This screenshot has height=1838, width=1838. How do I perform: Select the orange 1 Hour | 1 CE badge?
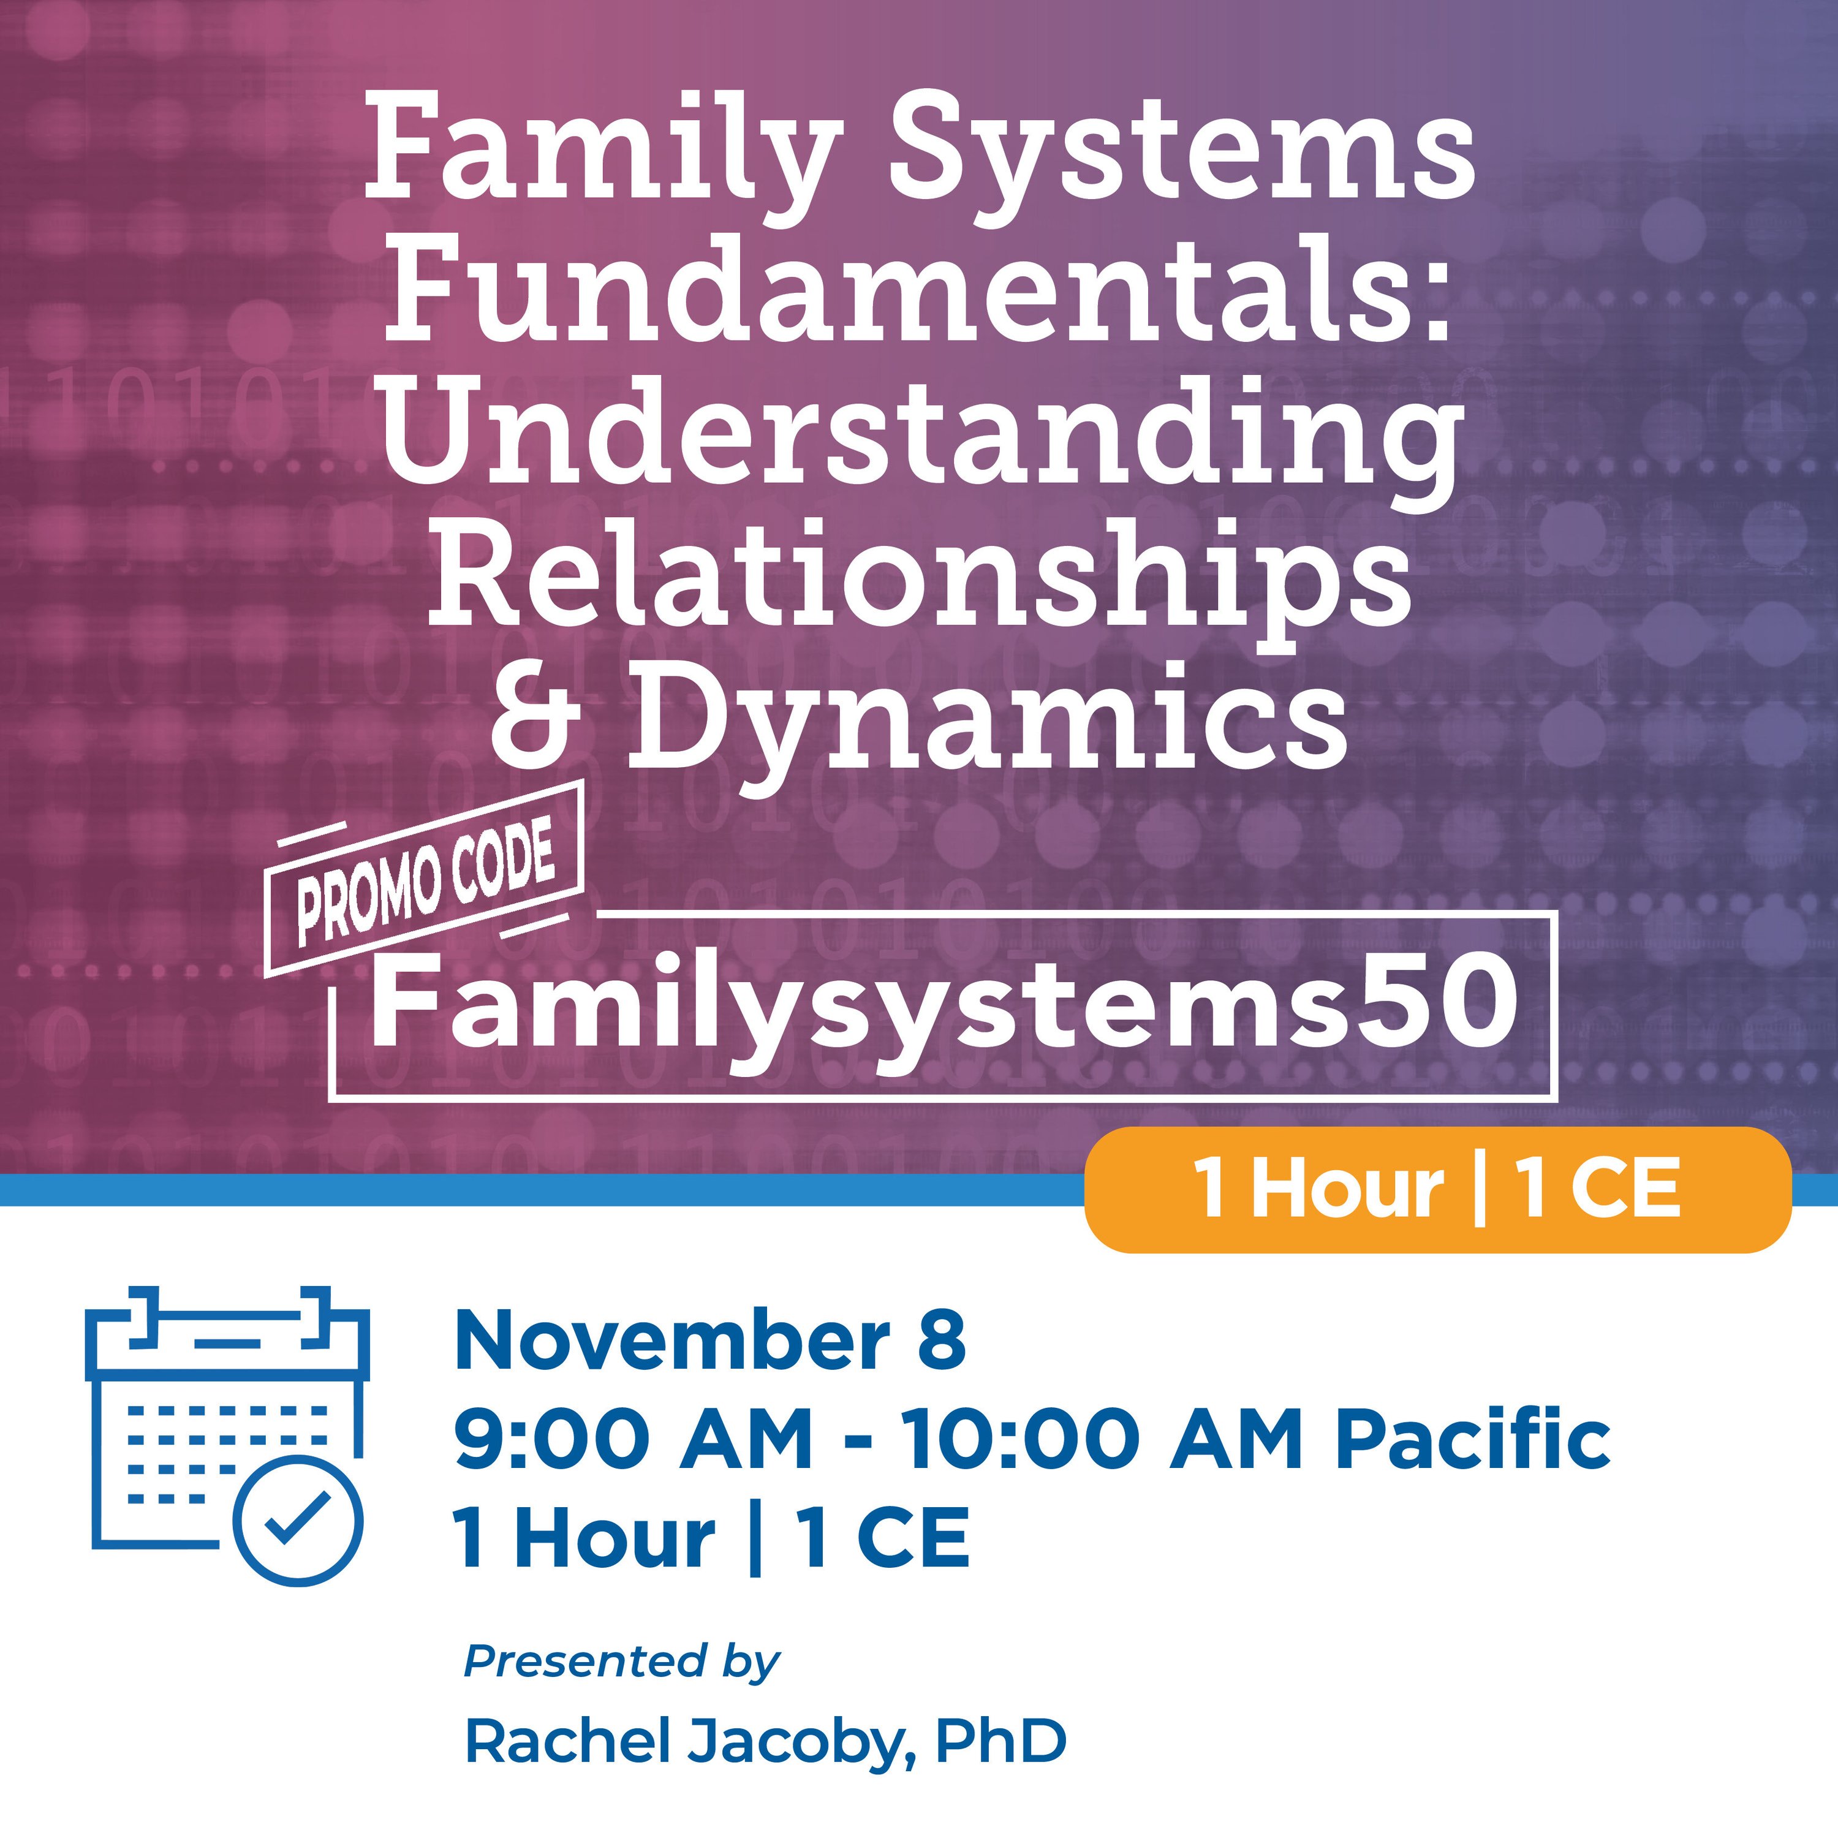(1437, 1189)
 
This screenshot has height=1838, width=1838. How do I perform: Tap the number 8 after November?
(943, 1341)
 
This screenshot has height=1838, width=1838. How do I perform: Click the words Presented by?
(621, 1661)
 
